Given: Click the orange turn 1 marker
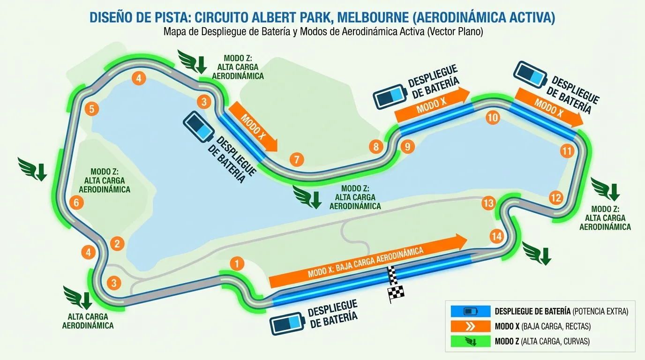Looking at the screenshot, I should pos(238,263).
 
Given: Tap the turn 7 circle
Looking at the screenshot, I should pos(296,159).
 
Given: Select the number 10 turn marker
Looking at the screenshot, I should pos(492,118).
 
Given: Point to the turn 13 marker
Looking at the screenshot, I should pos(488,203).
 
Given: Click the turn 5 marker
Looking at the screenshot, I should pos(92,109).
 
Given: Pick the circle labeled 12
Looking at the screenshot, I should pos(555,198).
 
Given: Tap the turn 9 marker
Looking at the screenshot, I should pos(407,147).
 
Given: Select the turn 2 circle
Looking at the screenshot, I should pos(117,243).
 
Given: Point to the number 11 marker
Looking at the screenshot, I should pos(567,151).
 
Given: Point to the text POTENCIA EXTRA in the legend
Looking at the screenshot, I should pos(601,311).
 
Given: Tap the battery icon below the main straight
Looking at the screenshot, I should pos(287,323).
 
